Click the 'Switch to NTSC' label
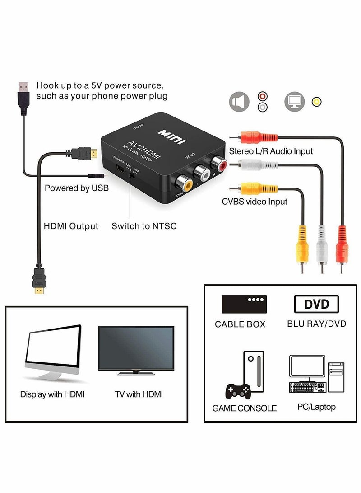coord(144,226)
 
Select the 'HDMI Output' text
coord(70,226)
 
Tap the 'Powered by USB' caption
coord(76,188)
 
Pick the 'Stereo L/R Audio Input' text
coord(271,151)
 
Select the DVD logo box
coord(317,304)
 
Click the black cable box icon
coord(244,304)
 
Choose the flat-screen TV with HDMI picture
coord(136,351)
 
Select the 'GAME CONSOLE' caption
coord(244,408)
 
